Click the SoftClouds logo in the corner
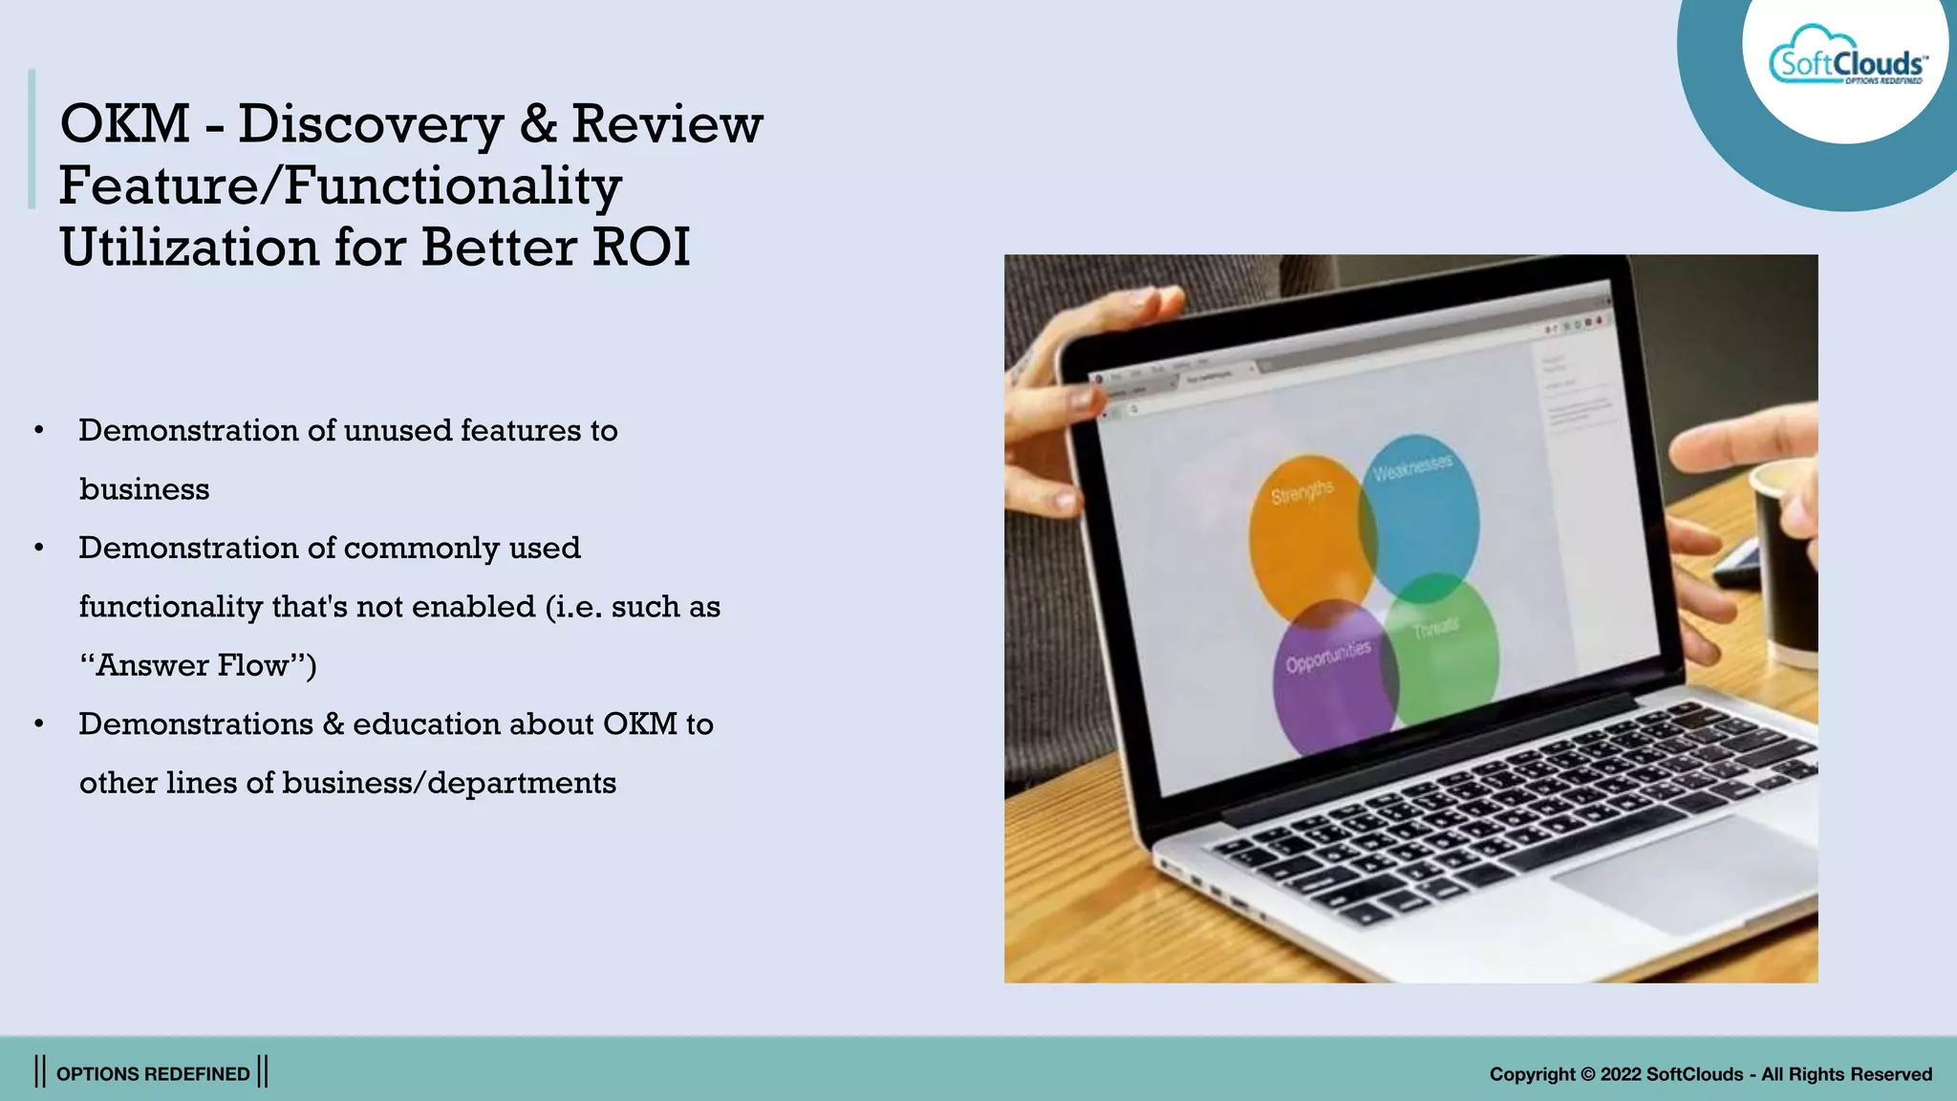tap(1846, 64)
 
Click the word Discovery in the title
tap(370, 124)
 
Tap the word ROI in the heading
tap(640, 248)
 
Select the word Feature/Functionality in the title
tap(340, 185)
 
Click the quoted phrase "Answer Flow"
tap(198, 665)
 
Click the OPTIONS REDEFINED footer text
tap(153, 1074)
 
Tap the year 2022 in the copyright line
tap(1621, 1074)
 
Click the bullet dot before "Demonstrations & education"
tap(39, 724)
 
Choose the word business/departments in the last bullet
tap(449, 784)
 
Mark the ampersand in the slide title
tap(538, 124)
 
